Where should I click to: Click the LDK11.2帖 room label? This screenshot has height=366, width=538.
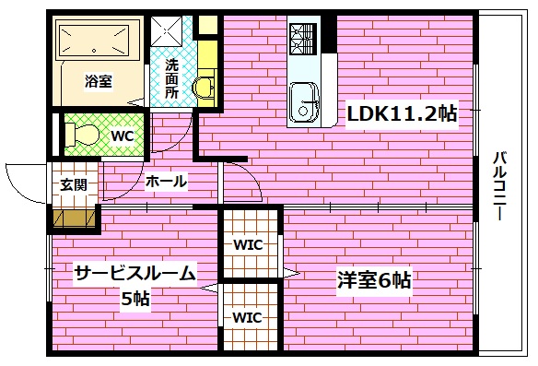pyautogui.click(x=402, y=113)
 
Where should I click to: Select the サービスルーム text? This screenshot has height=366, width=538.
pyautogui.click(x=134, y=273)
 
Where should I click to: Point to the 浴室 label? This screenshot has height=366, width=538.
pyautogui.click(x=99, y=82)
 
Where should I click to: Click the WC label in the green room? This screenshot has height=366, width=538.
pyautogui.click(x=123, y=136)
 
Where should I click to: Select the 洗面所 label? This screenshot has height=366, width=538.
pyautogui.click(x=172, y=78)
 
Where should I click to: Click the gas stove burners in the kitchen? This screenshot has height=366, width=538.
pyautogui.click(x=303, y=37)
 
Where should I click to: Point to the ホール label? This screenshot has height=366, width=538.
pyautogui.click(x=166, y=182)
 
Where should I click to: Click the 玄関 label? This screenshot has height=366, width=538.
pyautogui.click(x=74, y=183)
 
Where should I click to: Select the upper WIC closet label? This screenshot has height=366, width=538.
pyautogui.click(x=249, y=245)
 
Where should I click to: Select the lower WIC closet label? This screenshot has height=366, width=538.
pyautogui.click(x=249, y=317)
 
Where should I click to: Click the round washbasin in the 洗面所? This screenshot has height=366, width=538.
pyautogui.click(x=203, y=87)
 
